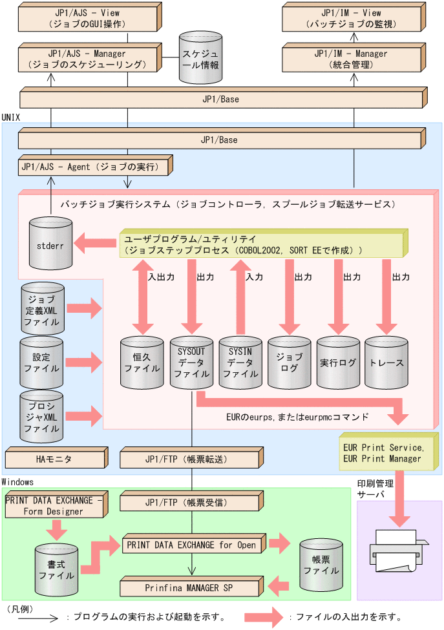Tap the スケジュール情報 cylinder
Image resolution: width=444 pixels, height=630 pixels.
[x=200, y=59]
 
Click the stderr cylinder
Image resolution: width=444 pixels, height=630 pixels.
[x=51, y=246]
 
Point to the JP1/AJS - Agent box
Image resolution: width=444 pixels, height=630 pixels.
[x=93, y=167]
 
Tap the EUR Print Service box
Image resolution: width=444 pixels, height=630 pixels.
[x=386, y=453]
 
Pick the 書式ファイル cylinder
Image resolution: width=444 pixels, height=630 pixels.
[x=56, y=568]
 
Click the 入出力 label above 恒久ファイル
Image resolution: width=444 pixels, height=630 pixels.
[x=161, y=277]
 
